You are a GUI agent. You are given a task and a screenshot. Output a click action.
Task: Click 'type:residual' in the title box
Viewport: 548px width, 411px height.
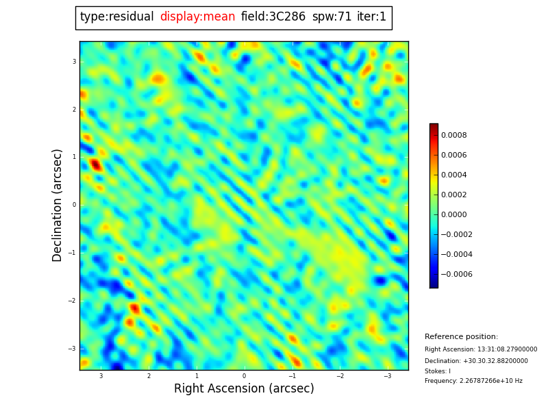coord(117,17)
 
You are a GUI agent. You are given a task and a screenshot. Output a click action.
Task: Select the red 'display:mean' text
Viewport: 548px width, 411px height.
coord(197,17)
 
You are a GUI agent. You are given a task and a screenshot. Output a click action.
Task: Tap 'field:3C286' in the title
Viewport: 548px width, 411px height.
coord(273,17)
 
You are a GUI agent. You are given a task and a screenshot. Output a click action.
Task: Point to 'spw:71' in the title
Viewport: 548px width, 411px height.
coord(332,17)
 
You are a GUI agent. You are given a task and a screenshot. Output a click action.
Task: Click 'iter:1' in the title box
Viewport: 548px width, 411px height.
coord(371,17)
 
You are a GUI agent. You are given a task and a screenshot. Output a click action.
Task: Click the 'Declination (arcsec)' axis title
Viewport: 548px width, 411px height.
coord(58,205)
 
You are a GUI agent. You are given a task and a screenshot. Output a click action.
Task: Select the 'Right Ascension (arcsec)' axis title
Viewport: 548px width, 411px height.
coord(244,389)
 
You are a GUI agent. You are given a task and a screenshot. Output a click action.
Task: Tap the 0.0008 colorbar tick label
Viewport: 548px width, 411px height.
coord(454,135)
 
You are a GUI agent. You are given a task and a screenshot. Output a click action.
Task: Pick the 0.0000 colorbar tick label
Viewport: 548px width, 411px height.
coord(454,214)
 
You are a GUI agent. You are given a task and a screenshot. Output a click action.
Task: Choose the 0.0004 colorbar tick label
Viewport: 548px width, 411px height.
coord(454,175)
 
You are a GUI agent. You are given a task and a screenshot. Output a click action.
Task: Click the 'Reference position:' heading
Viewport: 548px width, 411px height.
coord(461,337)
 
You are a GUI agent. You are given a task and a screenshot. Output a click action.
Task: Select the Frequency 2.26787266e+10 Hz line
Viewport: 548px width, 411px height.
coord(473,381)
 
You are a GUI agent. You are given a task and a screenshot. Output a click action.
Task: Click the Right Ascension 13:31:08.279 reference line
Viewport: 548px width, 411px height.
coord(481,349)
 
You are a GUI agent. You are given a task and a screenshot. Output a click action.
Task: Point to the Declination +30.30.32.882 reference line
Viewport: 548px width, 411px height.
coord(476,361)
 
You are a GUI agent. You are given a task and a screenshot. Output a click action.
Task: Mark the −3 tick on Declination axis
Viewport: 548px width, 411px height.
coord(73,349)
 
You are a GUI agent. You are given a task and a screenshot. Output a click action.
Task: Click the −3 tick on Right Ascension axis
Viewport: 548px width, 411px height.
coord(387,376)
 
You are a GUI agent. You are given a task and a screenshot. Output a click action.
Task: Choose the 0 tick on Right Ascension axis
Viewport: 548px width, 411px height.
coord(244,376)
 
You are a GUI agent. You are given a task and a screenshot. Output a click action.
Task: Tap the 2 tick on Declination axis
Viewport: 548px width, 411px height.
coord(74,110)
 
